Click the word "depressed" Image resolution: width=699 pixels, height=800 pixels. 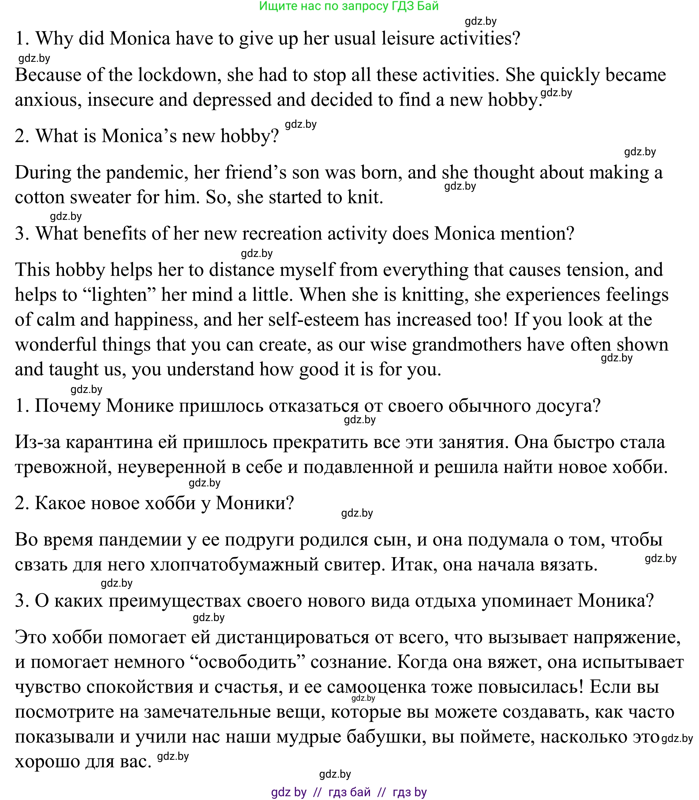point(232,100)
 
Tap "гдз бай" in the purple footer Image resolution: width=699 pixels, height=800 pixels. point(350,792)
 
